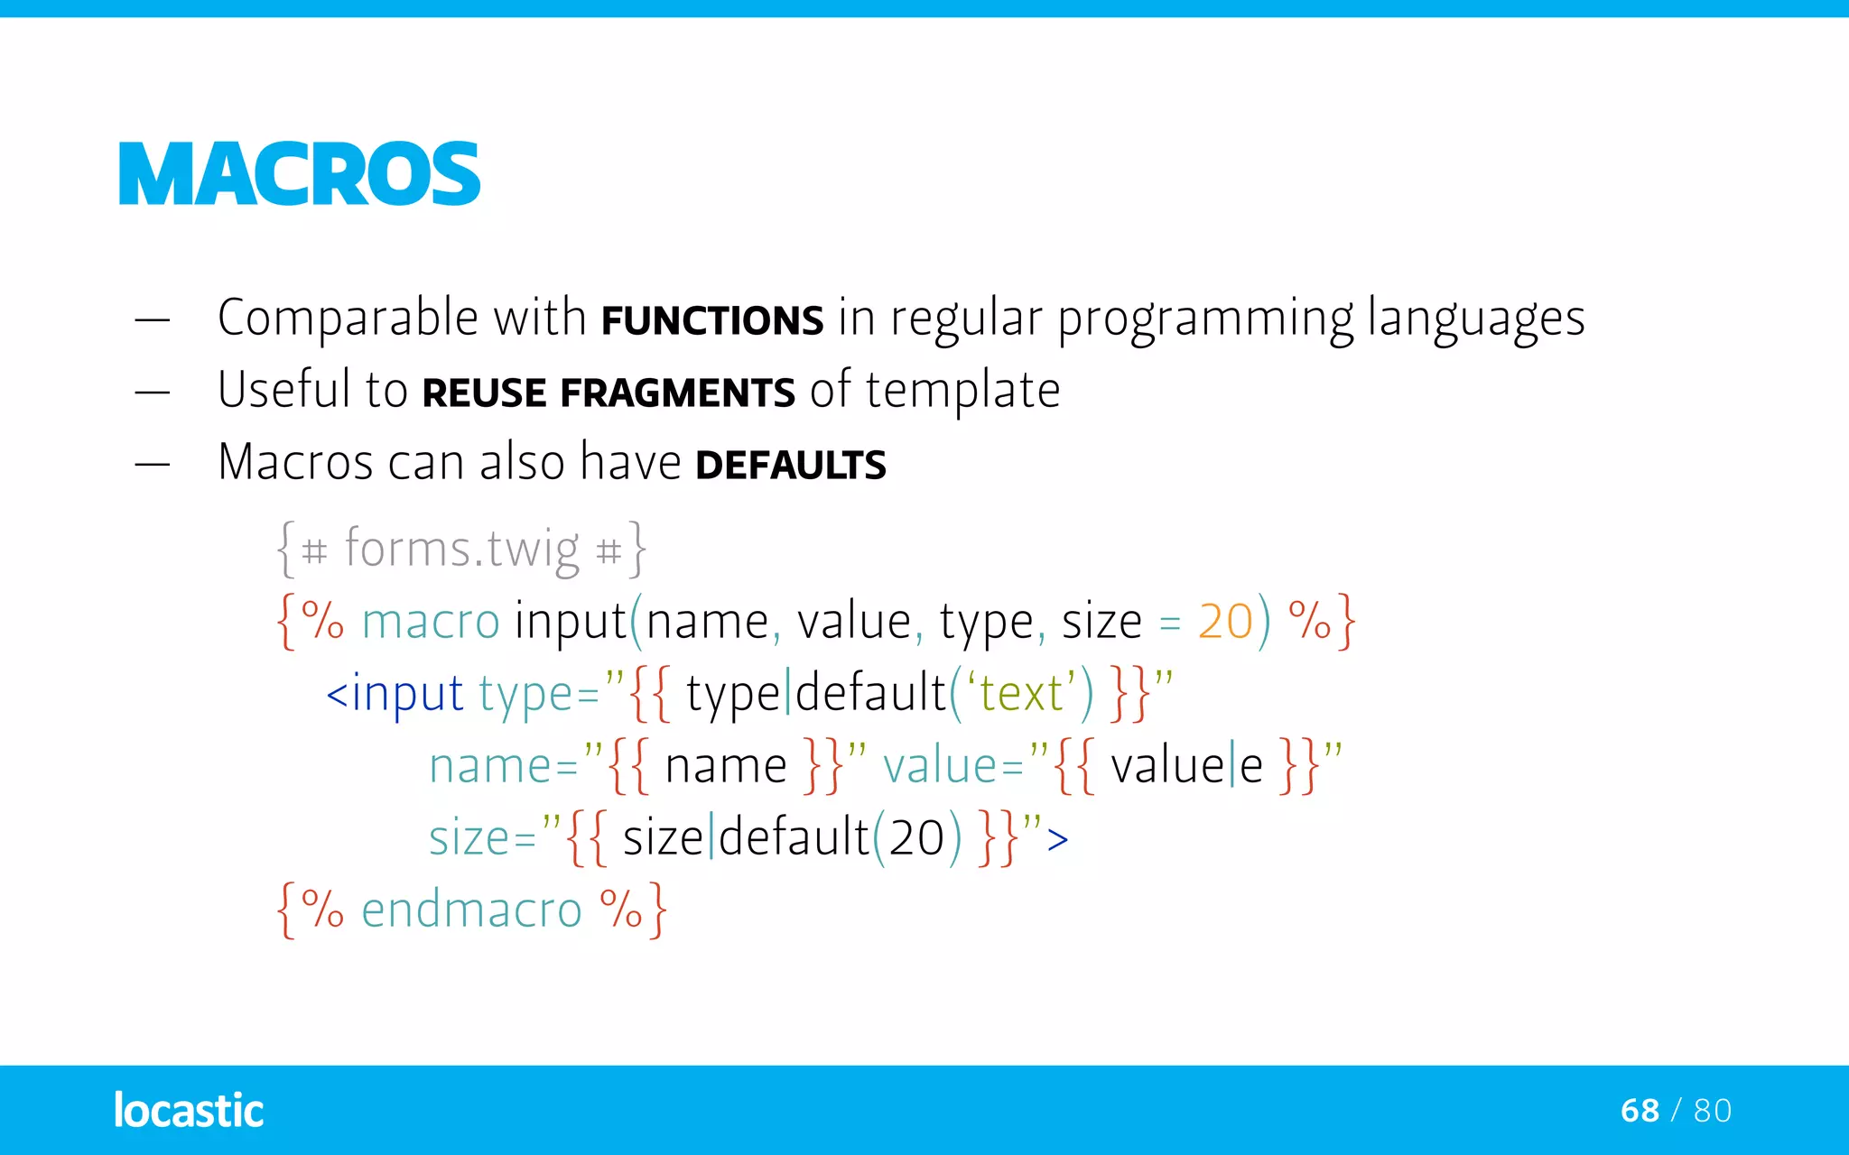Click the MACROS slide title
pyautogui.click(x=299, y=174)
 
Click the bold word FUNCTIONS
pyautogui.click(x=712, y=321)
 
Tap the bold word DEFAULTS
pyautogui.click(x=791, y=466)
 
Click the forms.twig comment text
pyautogui.click(x=461, y=549)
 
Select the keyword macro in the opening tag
pyautogui.click(x=431, y=622)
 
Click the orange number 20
pyautogui.click(x=1225, y=622)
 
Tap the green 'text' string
pyautogui.click(x=1021, y=693)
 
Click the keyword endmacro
pyautogui.click(x=471, y=910)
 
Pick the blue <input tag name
pyautogui.click(x=395, y=694)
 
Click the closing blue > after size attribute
pyautogui.click(x=1057, y=839)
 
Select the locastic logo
pyautogui.click(x=189, y=1110)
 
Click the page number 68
pyautogui.click(x=1640, y=1111)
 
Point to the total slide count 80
pyautogui.click(x=1713, y=1111)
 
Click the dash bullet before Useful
pyautogui.click(x=153, y=393)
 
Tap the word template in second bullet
pyautogui.click(x=962, y=392)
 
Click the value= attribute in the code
pyautogui.click(x=952, y=766)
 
